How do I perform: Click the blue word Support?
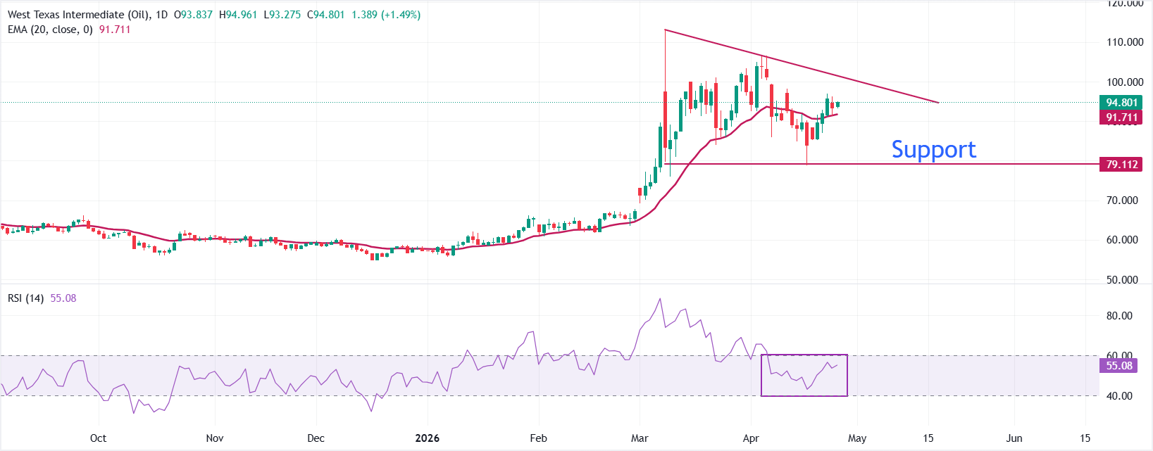tap(933, 149)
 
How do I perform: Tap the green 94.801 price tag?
tap(1121, 103)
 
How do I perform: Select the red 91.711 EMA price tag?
tap(1121, 117)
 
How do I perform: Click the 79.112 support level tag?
tap(1121, 165)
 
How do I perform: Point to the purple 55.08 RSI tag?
tap(1118, 366)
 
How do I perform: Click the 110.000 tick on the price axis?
tap(1124, 42)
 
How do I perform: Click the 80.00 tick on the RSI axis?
tap(1118, 316)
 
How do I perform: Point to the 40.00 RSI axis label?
tap(1118, 396)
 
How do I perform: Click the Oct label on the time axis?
tap(98, 438)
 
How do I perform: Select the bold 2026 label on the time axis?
tap(427, 438)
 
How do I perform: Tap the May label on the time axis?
tap(857, 438)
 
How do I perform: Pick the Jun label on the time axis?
tap(1014, 438)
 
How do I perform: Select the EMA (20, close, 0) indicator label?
tap(50, 30)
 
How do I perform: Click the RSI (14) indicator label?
tap(25, 298)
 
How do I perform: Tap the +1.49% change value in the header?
tap(401, 15)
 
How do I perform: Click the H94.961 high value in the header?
tap(238, 15)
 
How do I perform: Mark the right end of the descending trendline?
tap(938, 103)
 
